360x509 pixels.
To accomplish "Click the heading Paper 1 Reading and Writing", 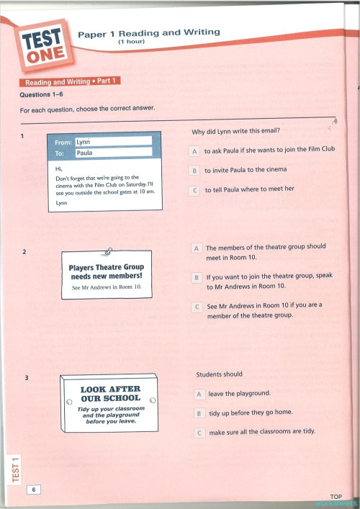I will click(148, 33).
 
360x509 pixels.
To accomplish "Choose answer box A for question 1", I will click(194, 151).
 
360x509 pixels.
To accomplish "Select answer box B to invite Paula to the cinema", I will click(194, 171).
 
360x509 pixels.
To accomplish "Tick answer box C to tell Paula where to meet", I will click(194, 190).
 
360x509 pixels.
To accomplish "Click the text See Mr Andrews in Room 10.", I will click(107, 287).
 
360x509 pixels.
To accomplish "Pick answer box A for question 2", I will click(197, 248).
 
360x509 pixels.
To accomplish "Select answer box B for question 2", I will click(197, 277).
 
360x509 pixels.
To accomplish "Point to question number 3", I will click(26, 379).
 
